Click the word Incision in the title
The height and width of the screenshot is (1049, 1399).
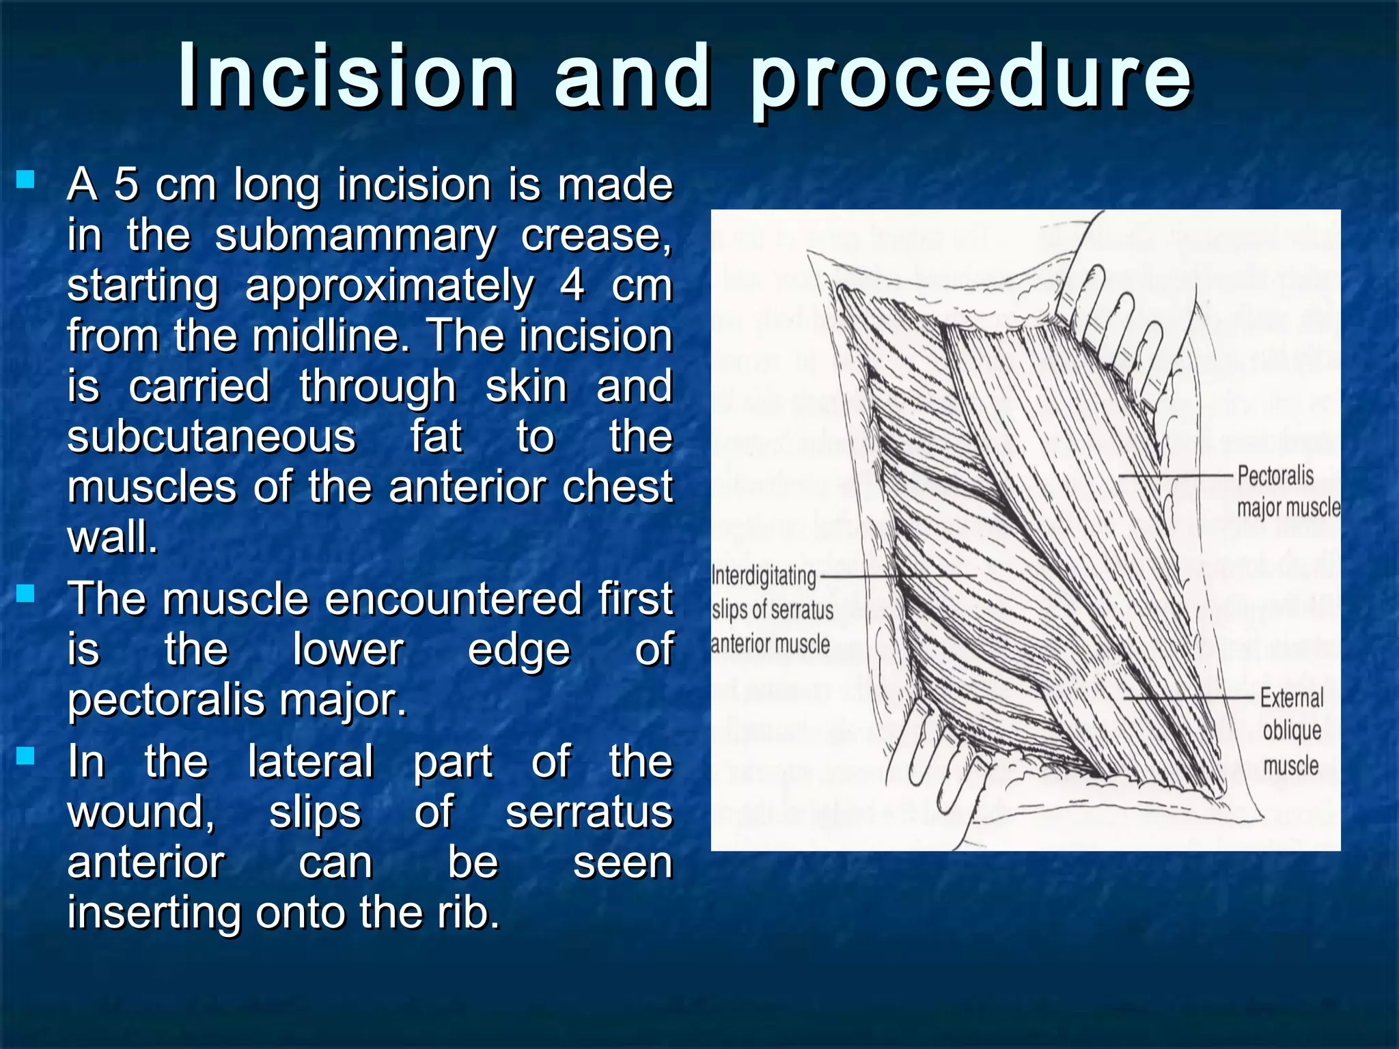tap(347, 76)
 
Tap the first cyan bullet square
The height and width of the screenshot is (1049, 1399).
tap(26, 180)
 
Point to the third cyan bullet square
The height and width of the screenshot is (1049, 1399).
tap(26, 755)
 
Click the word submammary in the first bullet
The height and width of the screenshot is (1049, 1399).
tap(355, 236)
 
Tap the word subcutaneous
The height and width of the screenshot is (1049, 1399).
tap(212, 436)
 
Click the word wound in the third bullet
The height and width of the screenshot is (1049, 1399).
tap(141, 812)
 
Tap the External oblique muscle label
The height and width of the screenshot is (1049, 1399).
tap(1291, 731)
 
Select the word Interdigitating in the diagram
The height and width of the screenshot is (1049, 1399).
tap(764, 576)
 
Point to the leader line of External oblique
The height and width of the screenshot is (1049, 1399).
tap(1189, 698)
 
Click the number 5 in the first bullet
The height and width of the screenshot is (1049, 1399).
tap(126, 184)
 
